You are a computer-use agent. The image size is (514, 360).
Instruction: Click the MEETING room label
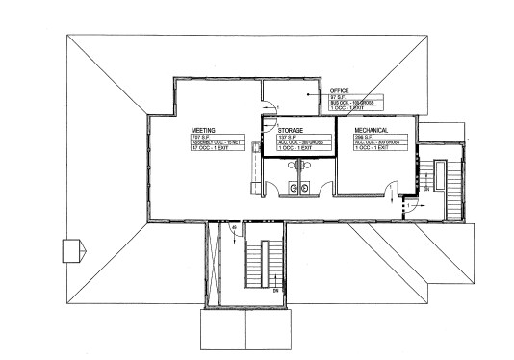click(202, 128)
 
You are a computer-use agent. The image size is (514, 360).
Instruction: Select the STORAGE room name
click(291, 130)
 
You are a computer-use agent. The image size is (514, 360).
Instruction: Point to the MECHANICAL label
click(372, 129)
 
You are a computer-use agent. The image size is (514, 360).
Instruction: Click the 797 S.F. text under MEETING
click(201, 137)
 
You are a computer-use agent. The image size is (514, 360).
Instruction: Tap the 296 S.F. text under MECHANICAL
click(365, 137)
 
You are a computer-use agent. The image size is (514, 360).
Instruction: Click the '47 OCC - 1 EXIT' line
click(207, 149)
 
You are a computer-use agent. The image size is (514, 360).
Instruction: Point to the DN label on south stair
click(275, 290)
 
